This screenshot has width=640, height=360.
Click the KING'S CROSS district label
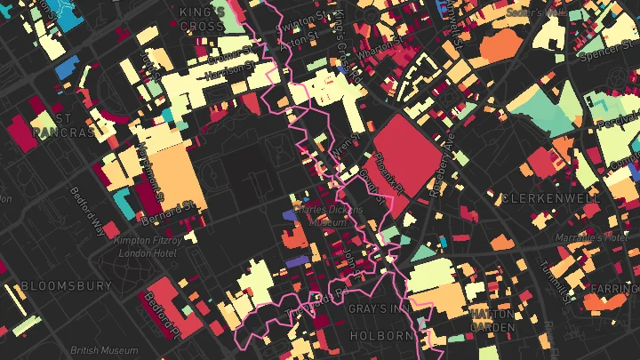click(x=202, y=19)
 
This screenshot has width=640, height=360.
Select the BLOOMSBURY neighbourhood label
click(x=67, y=286)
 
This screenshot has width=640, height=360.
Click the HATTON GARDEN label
click(x=492, y=320)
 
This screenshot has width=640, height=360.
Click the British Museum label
click(x=98, y=350)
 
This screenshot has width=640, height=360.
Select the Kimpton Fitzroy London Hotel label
click(x=148, y=246)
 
